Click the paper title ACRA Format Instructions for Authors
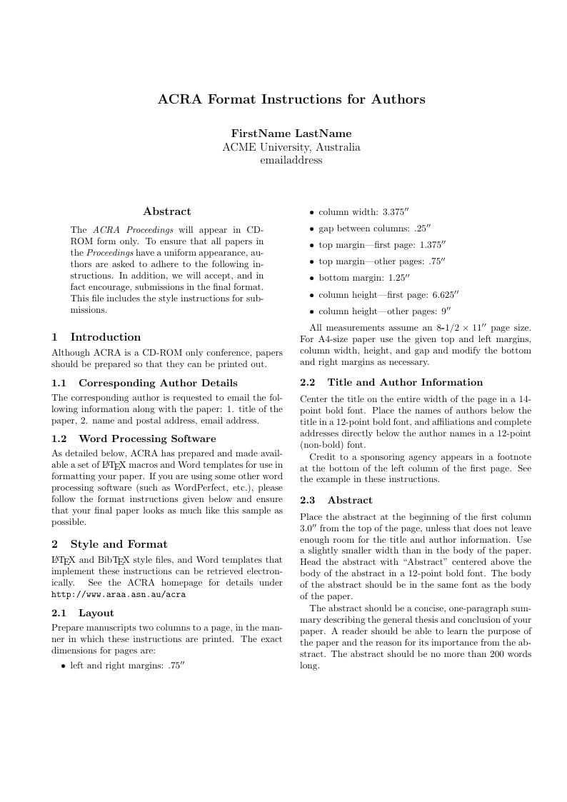291,99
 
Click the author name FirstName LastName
291,134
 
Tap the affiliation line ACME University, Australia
291,147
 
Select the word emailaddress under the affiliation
291,160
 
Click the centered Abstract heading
167,211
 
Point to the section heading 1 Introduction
96,337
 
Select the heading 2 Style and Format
109,544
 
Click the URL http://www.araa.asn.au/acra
119,594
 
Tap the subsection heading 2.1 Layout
83,613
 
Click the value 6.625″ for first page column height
446,294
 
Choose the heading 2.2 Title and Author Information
391,383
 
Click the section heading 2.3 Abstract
336,500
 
